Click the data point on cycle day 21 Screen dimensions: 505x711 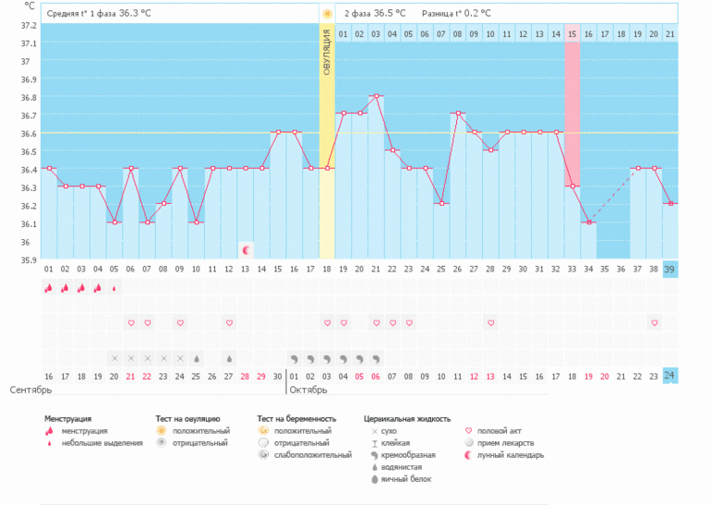(x=376, y=95)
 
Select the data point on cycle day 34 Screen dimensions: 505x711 (x=588, y=222)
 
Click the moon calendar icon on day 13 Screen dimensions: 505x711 (x=246, y=249)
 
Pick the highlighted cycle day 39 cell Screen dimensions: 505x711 (x=670, y=269)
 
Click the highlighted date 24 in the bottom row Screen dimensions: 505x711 (x=670, y=376)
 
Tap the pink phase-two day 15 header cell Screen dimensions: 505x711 (x=572, y=34)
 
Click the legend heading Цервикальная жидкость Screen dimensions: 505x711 (x=407, y=419)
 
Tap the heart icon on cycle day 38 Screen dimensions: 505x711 (x=654, y=322)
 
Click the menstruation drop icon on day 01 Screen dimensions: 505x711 (x=48, y=287)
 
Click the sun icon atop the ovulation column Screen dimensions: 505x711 (x=327, y=14)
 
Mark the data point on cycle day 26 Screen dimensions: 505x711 (x=441, y=203)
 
